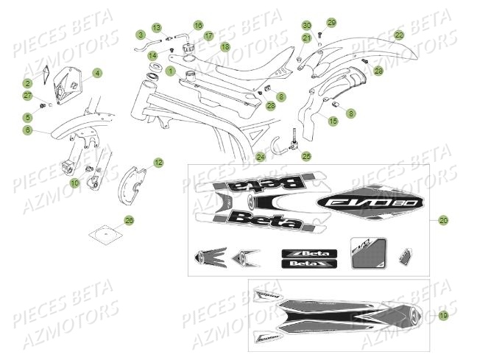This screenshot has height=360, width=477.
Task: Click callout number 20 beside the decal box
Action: point(442,220)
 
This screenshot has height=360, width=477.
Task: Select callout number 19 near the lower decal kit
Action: point(442,315)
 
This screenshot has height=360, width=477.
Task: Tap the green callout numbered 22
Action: point(398,35)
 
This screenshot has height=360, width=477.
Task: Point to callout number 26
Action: point(129,220)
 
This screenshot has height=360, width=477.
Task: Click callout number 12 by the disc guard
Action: point(158,161)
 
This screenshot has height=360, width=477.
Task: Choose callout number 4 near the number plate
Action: point(97,73)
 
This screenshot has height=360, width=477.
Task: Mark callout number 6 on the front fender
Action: point(27,130)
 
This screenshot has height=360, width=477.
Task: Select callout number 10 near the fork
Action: point(74,181)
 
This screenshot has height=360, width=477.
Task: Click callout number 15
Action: point(333,120)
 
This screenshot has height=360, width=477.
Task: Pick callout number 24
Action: point(261,156)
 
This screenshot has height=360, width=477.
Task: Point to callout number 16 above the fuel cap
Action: point(198,25)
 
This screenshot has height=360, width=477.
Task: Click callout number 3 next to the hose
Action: point(140,35)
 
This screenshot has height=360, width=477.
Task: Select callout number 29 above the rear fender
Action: point(331,23)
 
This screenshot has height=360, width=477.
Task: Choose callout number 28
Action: point(378,71)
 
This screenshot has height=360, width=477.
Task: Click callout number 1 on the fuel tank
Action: point(170,71)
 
